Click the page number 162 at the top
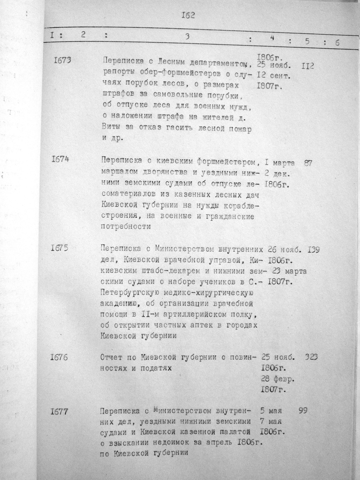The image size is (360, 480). (x=188, y=15)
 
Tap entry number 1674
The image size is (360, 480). (x=60, y=159)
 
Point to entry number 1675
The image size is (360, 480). (x=59, y=248)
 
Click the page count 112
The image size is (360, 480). (x=307, y=65)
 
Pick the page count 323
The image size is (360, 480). (x=311, y=357)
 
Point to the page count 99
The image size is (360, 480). (x=303, y=410)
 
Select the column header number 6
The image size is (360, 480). (x=337, y=43)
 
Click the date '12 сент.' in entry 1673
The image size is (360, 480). (x=273, y=75)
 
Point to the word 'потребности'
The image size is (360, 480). (x=126, y=226)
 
